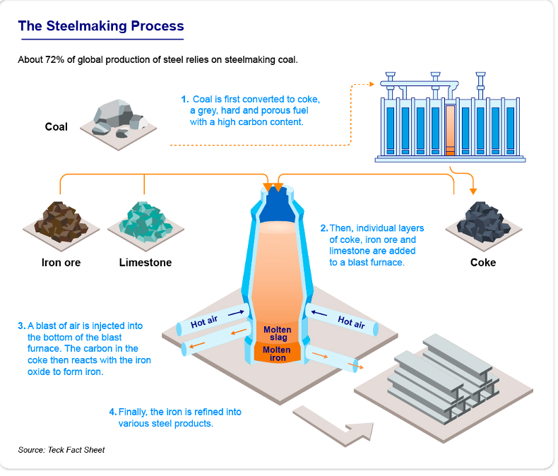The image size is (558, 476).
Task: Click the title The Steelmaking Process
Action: tap(100, 27)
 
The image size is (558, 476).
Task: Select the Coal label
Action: tap(57, 127)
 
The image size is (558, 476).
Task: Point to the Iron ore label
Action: tap(61, 263)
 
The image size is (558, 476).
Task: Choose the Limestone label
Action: tap(146, 263)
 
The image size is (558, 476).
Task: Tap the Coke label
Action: tap(483, 263)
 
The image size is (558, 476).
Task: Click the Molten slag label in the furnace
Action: tap(278, 333)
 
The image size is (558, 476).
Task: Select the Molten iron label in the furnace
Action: tap(277, 354)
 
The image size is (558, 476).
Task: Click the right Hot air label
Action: tap(351, 322)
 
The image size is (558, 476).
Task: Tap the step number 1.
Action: tap(184, 100)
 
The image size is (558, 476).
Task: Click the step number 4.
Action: tap(112, 412)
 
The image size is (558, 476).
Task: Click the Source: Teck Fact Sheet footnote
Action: tap(61, 450)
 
